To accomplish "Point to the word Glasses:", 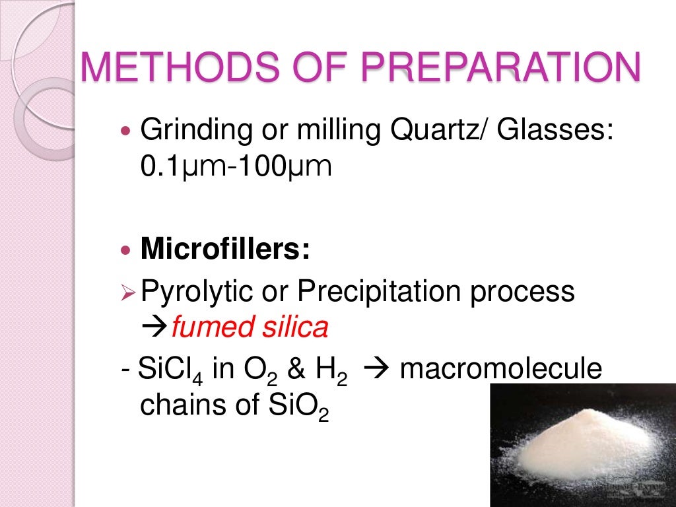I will coord(557,129).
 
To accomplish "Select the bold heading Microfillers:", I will coord(225,251).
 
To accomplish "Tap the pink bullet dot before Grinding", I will coord(128,130).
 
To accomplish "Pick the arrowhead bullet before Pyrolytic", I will coord(129,292).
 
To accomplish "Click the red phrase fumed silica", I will coord(250,327).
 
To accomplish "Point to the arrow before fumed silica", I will coord(155,327).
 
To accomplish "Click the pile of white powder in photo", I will coord(581,442).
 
